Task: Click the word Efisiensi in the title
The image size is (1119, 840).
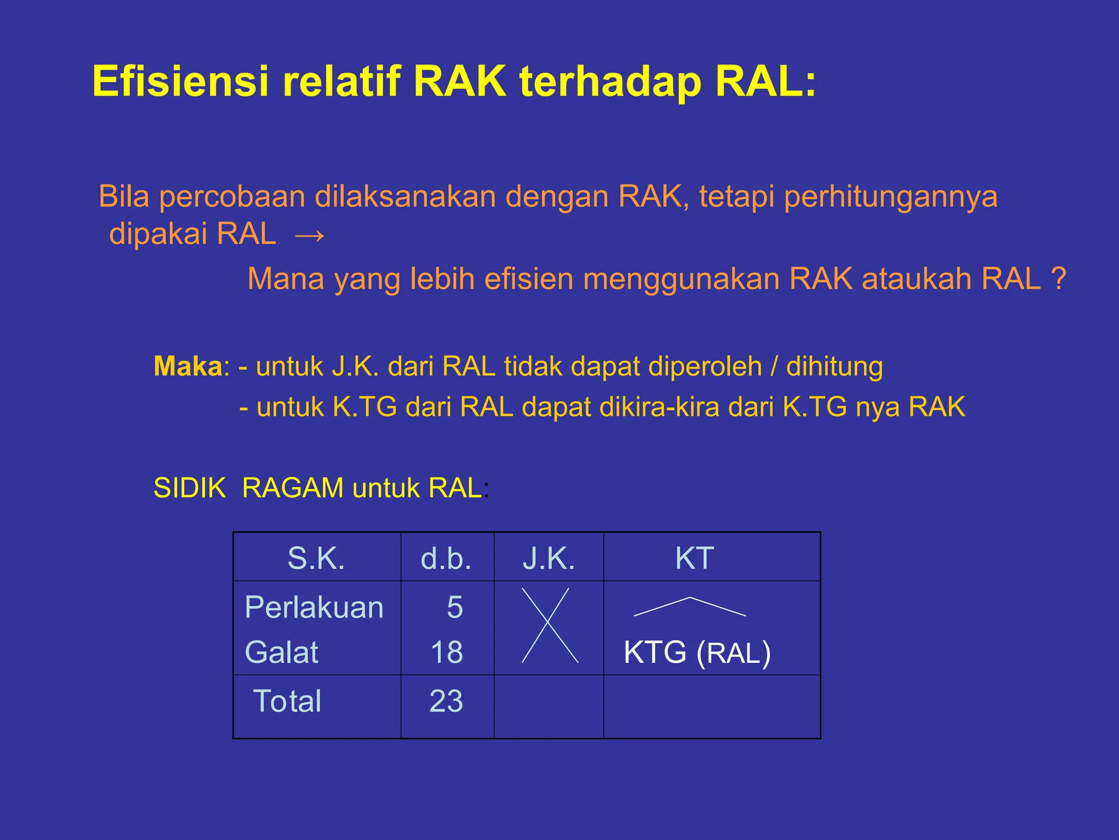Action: point(180,82)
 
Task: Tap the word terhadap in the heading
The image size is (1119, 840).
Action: point(609,82)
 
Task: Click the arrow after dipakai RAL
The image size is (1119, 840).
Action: point(309,236)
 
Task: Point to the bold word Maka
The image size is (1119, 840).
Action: point(187,366)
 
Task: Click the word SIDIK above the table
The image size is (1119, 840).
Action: point(190,488)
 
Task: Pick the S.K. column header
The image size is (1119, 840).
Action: point(316,558)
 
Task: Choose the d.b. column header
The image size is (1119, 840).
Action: point(446,558)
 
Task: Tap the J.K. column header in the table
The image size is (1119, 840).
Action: point(549,558)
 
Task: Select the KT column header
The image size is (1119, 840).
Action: point(694,558)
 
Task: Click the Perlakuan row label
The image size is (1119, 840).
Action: point(314,608)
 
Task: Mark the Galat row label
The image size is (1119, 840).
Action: point(281,652)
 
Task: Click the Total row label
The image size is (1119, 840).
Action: point(287,701)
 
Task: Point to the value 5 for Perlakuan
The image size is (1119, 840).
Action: point(455,608)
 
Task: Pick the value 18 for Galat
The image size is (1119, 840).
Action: point(446,652)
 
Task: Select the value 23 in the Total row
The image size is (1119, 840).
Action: point(446,701)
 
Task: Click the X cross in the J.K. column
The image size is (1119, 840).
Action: point(548,625)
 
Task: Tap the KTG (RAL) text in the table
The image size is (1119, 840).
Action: point(697,653)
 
